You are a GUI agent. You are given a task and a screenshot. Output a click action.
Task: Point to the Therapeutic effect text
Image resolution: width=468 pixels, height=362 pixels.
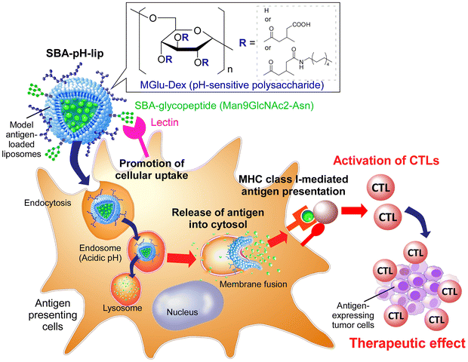(404, 345)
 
